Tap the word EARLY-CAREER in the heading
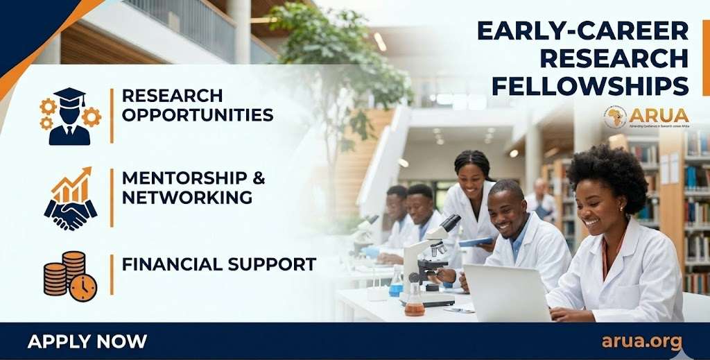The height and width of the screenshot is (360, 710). pyautogui.click(x=582, y=31)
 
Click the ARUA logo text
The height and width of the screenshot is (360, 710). pyautogui.click(x=659, y=114)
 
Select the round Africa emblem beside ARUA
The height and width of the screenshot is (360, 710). pyautogui.click(x=615, y=117)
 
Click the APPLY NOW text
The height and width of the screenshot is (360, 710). pyautogui.click(x=87, y=341)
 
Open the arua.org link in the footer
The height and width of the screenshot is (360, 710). pyautogui.click(x=641, y=341)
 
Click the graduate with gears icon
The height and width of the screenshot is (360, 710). pyautogui.click(x=70, y=116)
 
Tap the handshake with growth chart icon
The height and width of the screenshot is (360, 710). pyautogui.click(x=71, y=198)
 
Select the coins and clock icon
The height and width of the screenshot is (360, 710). pyautogui.click(x=70, y=276)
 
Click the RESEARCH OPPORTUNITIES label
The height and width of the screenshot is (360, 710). pyautogui.click(x=197, y=105)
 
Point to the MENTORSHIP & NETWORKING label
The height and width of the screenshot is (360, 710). pyautogui.click(x=193, y=187)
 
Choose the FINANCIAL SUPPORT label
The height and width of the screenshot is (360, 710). pyautogui.click(x=218, y=264)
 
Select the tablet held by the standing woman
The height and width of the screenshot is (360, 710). pyautogui.click(x=476, y=241)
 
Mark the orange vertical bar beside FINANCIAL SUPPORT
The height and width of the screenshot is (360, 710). pyautogui.click(x=112, y=274)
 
